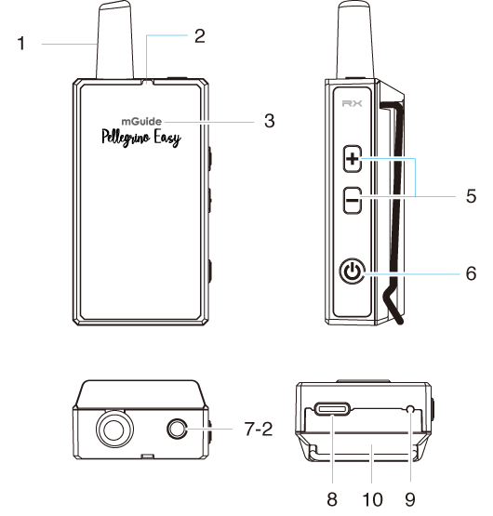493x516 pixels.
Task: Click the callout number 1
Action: click(21, 44)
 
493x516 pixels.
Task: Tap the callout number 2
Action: click(200, 36)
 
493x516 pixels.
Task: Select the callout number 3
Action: click(270, 121)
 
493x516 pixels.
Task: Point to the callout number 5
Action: click(471, 196)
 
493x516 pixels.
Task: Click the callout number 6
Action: click(471, 273)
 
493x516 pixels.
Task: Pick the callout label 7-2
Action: click(259, 430)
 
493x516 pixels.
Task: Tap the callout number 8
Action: click(332, 499)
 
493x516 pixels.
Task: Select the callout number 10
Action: click(372, 499)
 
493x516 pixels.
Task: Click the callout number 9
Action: click(410, 499)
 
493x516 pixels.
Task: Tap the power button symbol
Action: click(352, 271)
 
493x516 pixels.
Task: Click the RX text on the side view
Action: click(352, 103)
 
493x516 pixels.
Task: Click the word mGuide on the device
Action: click(141, 122)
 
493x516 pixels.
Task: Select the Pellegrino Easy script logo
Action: click(141, 138)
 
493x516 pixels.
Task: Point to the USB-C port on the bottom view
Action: click(332, 409)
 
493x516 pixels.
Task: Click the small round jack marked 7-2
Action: click(177, 430)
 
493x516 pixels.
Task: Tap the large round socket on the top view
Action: click(114, 430)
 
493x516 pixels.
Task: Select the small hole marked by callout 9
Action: click(410, 409)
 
